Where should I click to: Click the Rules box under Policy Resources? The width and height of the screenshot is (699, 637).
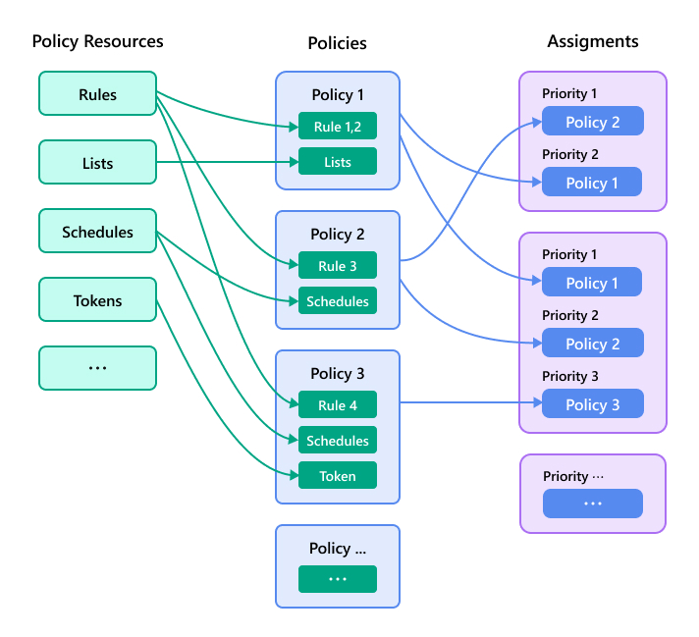[97, 94]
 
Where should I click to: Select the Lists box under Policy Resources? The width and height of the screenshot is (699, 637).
[97, 163]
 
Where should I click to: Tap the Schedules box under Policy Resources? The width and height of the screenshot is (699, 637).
[97, 232]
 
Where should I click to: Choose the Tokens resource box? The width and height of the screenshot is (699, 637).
[97, 300]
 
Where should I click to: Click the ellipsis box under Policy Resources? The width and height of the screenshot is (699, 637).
[97, 368]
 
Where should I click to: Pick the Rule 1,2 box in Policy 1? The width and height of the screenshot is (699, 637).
[337, 127]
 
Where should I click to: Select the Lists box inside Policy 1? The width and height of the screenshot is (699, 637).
[337, 162]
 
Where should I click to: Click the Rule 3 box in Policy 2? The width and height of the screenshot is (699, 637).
[337, 266]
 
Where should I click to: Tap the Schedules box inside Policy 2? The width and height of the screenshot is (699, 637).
[337, 301]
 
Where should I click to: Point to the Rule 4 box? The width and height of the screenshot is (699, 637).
[337, 405]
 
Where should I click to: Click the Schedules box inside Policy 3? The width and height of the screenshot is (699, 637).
[337, 441]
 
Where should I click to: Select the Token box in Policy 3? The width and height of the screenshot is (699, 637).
[337, 476]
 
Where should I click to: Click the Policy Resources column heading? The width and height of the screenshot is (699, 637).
[97, 41]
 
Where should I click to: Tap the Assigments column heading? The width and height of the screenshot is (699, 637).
[592, 41]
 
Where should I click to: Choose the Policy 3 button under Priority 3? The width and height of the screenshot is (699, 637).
[592, 404]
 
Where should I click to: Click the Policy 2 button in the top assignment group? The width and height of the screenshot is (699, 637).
[592, 122]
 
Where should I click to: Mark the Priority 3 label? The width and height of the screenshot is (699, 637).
[569, 376]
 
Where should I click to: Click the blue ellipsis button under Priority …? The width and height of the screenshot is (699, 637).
[592, 504]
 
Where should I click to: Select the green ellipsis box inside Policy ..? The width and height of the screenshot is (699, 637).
[337, 579]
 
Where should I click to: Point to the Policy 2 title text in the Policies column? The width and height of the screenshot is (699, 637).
[337, 235]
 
